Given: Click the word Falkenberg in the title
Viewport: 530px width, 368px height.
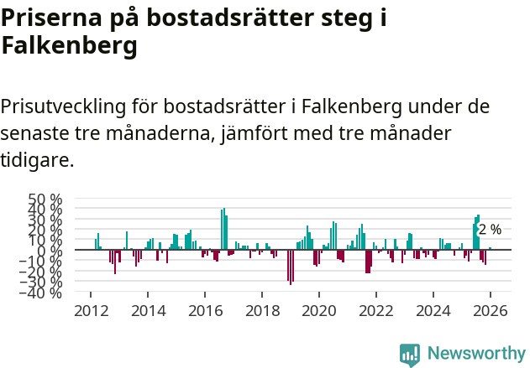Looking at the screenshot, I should tap(69, 47).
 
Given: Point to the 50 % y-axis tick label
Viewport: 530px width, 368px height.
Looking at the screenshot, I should tap(45, 200).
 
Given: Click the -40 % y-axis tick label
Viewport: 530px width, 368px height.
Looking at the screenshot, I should tap(45, 293).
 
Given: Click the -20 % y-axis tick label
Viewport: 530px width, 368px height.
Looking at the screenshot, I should tap(45, 272).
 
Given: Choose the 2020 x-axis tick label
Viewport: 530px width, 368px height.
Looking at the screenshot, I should tap(319, 311).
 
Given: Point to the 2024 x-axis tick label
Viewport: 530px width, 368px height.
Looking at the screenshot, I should tap(433, 311).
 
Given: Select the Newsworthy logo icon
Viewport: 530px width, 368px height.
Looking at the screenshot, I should tap(410, 355).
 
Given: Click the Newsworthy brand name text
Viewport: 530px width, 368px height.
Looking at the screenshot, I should tap(475, 354).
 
